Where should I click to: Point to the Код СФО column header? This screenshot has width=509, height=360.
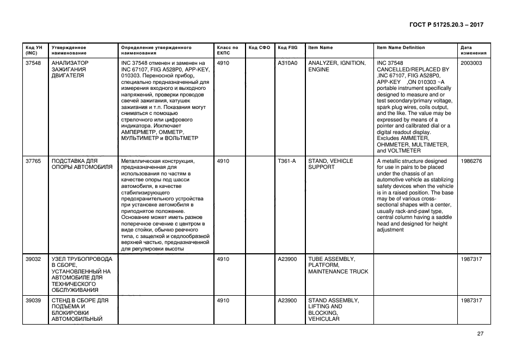(x=259, y=47)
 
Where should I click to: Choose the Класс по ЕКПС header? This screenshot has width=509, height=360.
(x=228, y=50)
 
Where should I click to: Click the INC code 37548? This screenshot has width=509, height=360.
(x=33, y=63)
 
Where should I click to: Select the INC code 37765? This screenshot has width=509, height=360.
(x=33, y=161)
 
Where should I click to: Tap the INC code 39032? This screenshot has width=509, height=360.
(x=33, y=259)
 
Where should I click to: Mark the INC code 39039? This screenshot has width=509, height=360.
(x=33, y=300)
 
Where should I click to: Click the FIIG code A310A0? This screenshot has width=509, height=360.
(x=287, y=63)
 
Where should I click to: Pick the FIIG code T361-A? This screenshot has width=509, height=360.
(x=286, y=161)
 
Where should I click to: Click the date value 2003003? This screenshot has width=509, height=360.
(x=471, y=63)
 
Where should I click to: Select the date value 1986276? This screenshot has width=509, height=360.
(x=471, y=161)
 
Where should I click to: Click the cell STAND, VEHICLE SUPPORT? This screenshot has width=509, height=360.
(x=330, y=164)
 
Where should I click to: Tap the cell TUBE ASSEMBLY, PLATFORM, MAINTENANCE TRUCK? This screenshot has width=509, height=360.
(x=338, y=265)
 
